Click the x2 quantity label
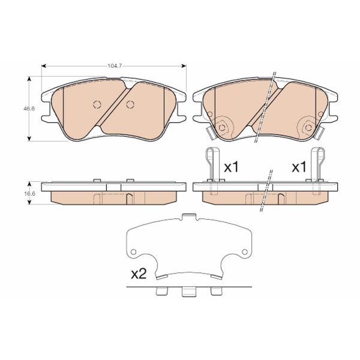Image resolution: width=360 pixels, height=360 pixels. tap(139, 274)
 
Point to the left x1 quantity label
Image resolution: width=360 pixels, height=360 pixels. tap(231, 167)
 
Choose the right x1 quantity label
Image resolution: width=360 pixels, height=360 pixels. tap(299, 167)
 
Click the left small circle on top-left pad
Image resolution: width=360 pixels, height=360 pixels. tap(97, 105)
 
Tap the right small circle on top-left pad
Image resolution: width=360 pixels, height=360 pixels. tap(130, 105)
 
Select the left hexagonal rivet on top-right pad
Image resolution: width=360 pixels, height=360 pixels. tap(222, 126)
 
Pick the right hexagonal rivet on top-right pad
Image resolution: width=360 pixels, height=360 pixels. tap(307, 126)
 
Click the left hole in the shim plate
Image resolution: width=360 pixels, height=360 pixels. tap(134, 251)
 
